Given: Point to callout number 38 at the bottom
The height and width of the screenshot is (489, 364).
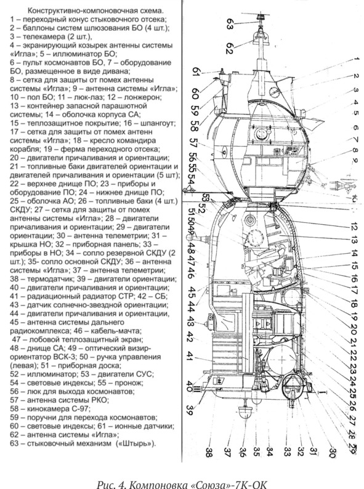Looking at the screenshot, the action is pos(209,452).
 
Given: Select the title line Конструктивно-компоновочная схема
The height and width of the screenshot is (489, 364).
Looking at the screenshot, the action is pos(95,11).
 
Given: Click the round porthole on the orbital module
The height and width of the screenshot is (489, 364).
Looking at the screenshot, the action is pos(260,134).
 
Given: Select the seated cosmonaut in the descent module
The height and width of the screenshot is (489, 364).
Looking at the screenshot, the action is pos(268,265).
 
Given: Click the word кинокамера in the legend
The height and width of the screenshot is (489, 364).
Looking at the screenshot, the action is pos(47,408).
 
